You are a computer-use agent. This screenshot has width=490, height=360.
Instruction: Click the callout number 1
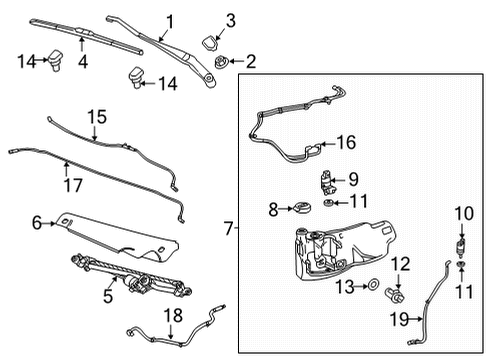(x=170, y=21)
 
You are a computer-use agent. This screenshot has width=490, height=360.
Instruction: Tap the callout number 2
(x=250, y=61)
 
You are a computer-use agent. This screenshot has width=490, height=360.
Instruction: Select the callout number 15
(x=96, y=117)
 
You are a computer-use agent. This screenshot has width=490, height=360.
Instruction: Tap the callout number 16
(x=345, y=143)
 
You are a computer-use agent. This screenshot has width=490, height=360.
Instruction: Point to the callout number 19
(x=399, y=321)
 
